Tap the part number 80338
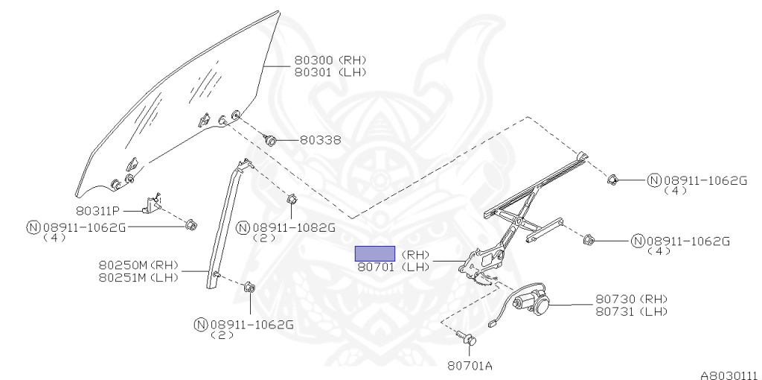click(320, 139)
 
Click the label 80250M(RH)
click(138, 265)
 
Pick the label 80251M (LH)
click(138, 277)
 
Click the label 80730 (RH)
click(631, 299)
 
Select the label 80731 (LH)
click(631, 311)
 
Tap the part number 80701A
click(470, 365)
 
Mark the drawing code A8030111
click(728, 375)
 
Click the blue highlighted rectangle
click(374, 253)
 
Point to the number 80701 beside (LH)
click(376, 267)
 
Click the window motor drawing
click(533, 303)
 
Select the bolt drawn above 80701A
click(469, 340)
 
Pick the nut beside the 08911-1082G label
click(292, 200)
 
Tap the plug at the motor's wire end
click(493, 323)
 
